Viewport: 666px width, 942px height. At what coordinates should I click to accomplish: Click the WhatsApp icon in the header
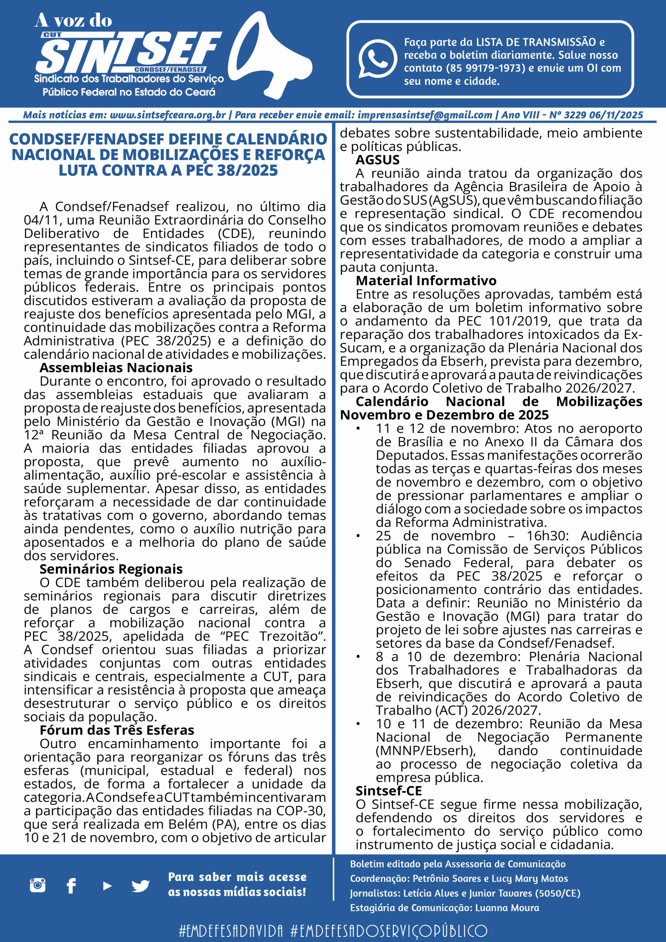(x=377, y=59)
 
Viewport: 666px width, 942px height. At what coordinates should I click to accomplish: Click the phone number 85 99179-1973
(x=485, y=68)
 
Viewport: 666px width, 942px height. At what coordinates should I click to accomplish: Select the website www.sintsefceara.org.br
(x=168, y=115)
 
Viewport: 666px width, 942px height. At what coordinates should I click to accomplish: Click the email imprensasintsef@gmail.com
(x=425, y=115)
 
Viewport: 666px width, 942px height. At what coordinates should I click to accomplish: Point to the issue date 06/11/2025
(x=616, y=115)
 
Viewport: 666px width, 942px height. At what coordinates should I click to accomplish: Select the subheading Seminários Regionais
(x=111, y=569)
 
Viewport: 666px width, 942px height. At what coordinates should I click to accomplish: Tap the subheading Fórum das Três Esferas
(x=117, y=730)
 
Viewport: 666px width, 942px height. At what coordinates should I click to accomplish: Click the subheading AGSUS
(x=378, y=160)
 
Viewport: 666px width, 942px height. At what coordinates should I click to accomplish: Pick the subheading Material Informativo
(x=426, y=281)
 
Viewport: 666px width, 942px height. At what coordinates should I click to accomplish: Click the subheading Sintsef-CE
(x=389, y=791)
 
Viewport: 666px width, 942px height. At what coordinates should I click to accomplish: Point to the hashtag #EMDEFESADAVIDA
(x=231, y=931)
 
